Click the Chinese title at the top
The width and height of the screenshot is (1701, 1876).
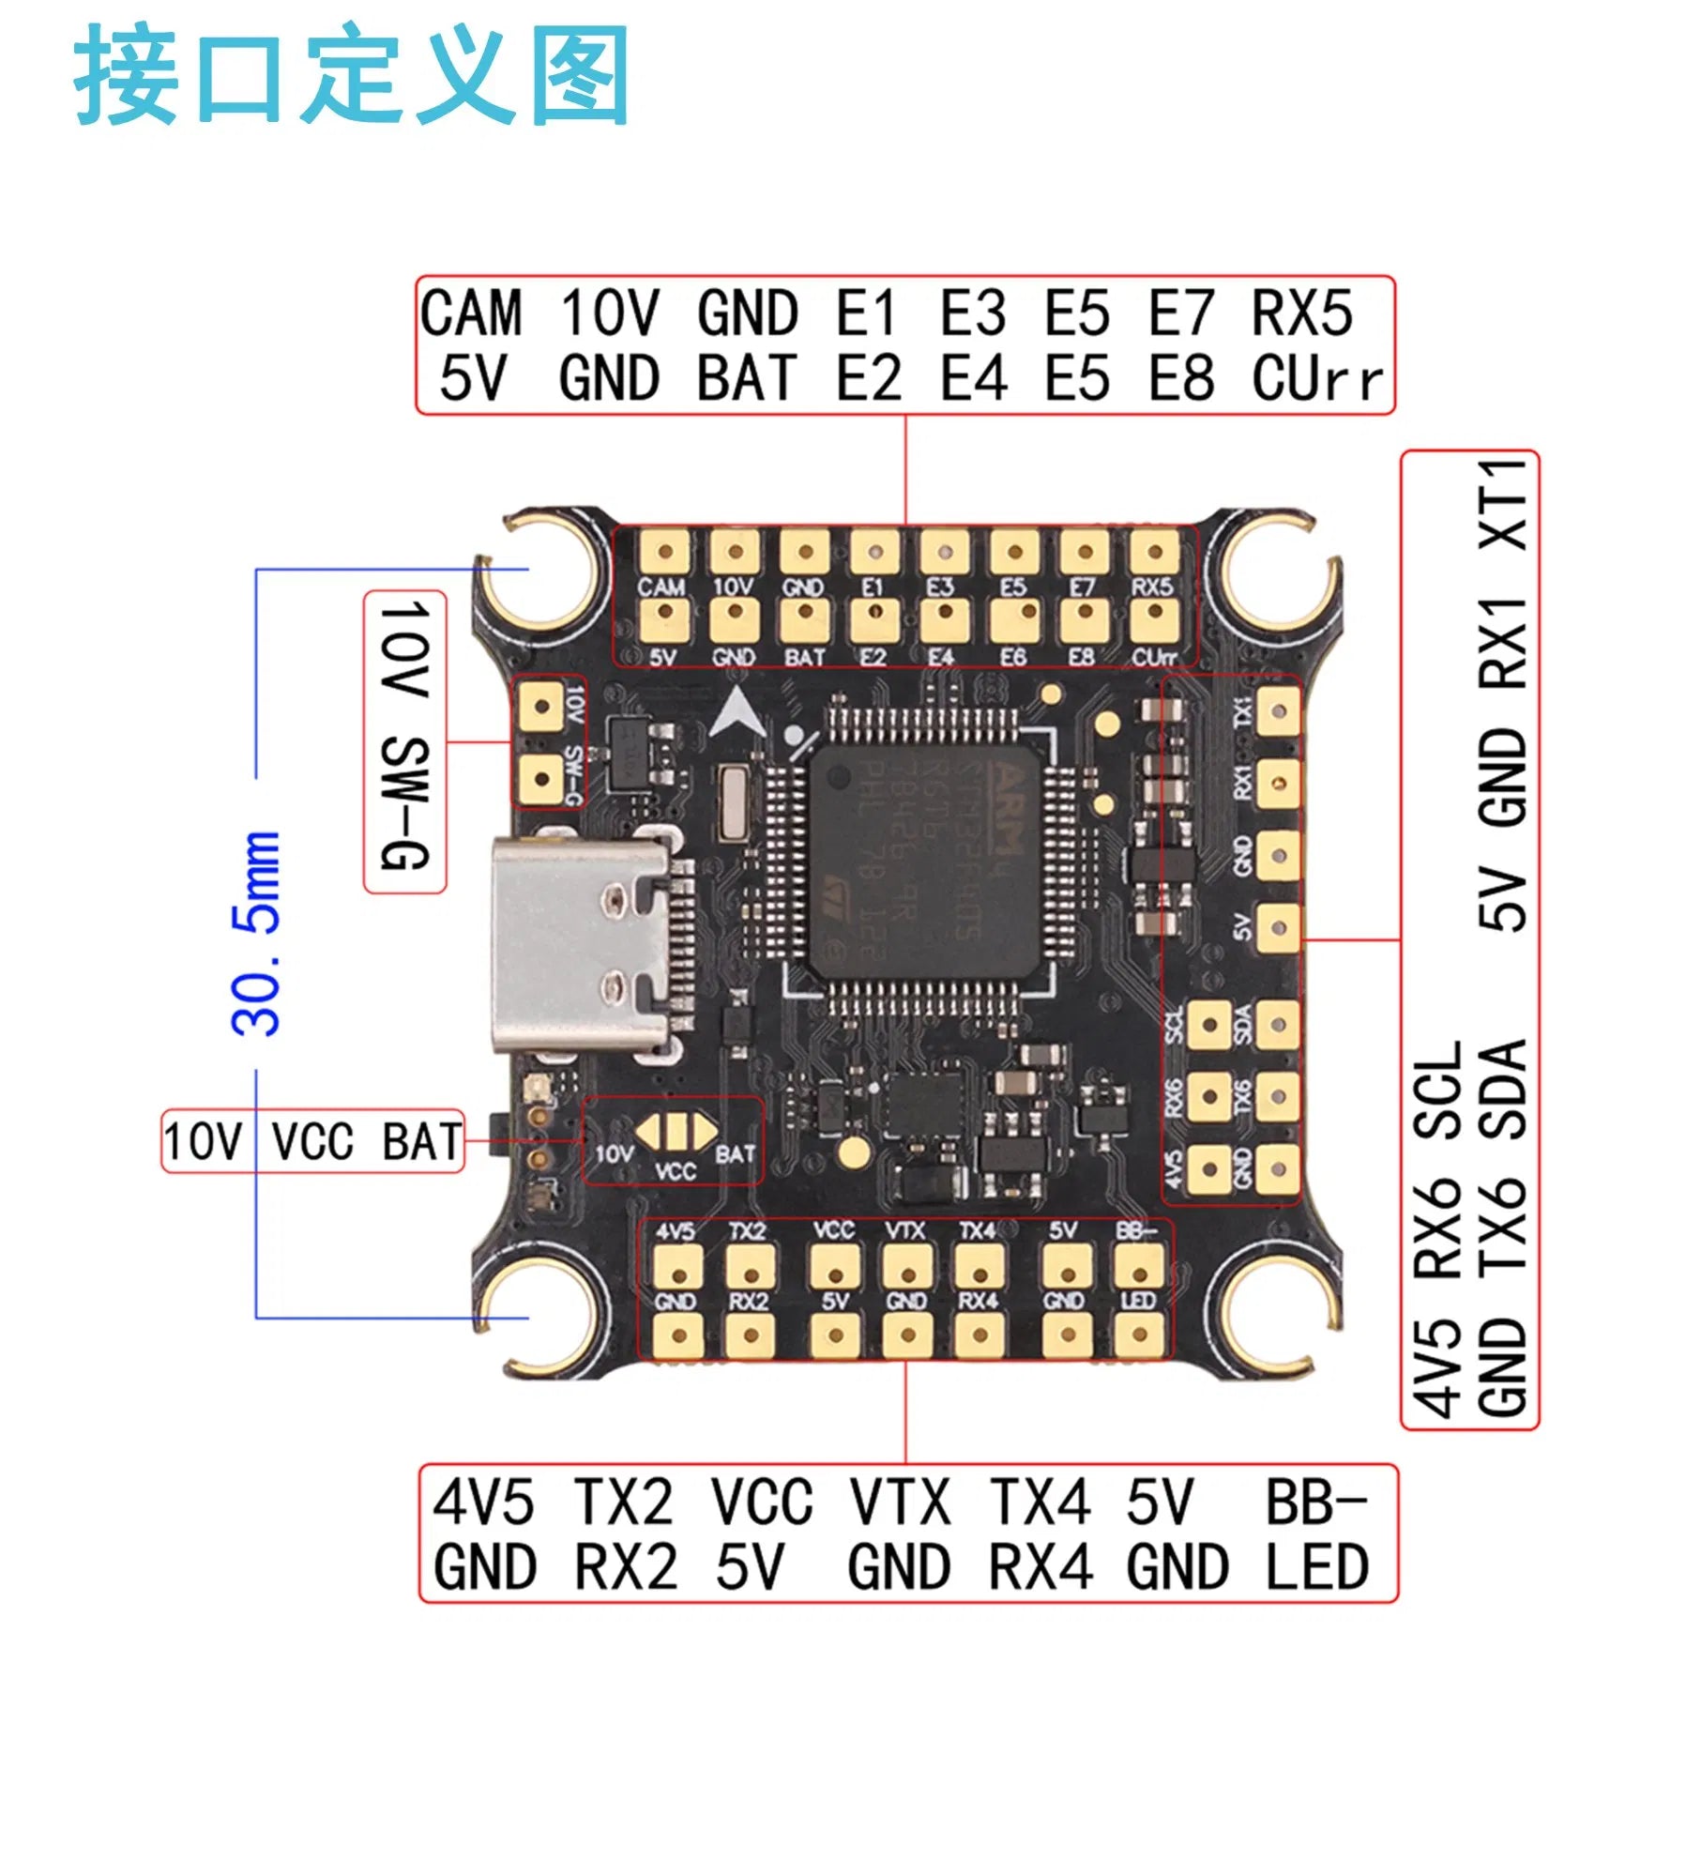[x=352, y=75]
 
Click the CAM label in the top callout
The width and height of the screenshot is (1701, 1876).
[x=471, y=313]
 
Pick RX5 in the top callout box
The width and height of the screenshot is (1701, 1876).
[x=1302, y=313]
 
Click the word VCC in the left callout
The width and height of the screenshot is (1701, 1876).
[x=312, y=1142]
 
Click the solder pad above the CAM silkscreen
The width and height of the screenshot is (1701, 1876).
[x=665, y=552]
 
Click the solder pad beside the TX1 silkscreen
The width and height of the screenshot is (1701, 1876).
[x=1278, y=710]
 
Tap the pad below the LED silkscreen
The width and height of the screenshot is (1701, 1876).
[x=1139, y=1335]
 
